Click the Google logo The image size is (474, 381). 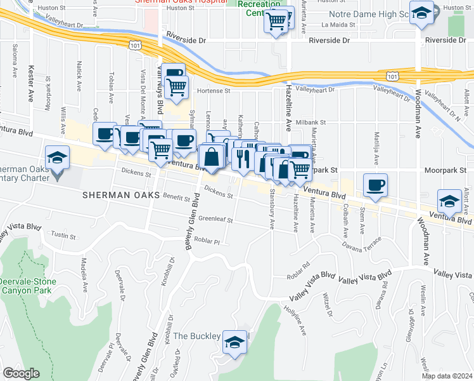pos(21,373)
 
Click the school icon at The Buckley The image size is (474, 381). pos(235,342)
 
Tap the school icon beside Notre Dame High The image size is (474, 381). pos(421,13)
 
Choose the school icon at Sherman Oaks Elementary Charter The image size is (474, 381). pos(57,157)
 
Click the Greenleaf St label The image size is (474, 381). pos(216,220)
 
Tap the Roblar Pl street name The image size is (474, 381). pos(207,241)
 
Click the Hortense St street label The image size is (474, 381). pos(214,91)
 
